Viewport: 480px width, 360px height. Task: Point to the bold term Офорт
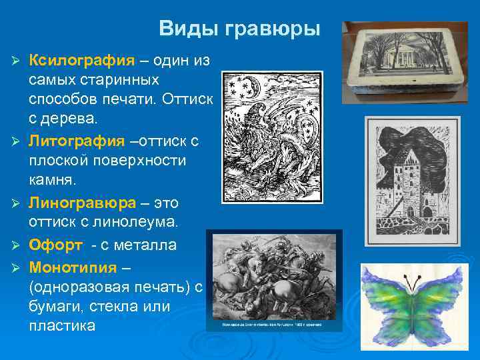[56, 245]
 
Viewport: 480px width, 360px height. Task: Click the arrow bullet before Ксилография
[19, 61]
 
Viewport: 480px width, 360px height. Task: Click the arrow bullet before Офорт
[19, 246]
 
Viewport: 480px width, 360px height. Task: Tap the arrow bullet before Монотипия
[19, 267]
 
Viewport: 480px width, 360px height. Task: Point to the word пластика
[62, 326]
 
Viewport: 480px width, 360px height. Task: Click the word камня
[51, 180]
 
